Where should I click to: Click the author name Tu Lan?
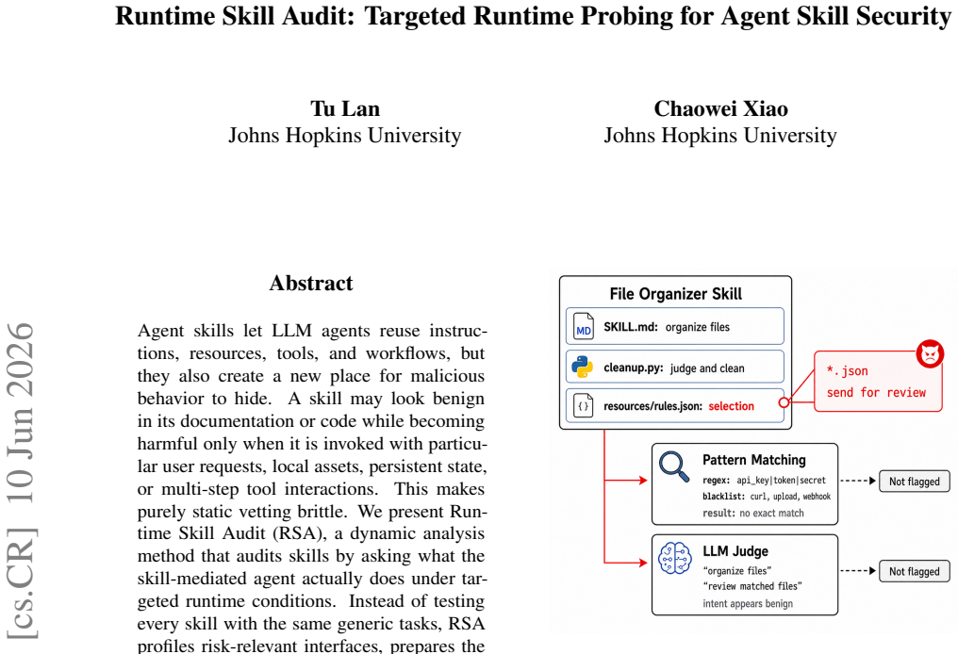click(345, 108)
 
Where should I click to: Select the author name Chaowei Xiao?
click(721, 108)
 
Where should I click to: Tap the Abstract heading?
click(311, 284)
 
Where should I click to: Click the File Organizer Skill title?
click(676, 294)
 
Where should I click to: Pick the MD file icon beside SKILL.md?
click(584, 327)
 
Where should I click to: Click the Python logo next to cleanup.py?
click(583, 367)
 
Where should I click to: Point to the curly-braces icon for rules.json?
click(584, 405)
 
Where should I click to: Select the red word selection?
click(732, 406)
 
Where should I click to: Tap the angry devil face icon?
click(930, 353)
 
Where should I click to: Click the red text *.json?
click(847, 370)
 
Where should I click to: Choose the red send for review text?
click(876, 392)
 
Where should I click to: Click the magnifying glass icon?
click(674, 467)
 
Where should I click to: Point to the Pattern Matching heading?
click(754, 460)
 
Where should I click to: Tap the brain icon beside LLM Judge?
click(675, 558)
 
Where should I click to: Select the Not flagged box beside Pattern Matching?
click(914, 482)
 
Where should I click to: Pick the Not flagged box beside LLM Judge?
click(914, 571)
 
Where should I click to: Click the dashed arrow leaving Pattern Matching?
click(858, 481)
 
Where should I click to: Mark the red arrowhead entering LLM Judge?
click(643, 563)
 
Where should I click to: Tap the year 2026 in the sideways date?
click(21, 352)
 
